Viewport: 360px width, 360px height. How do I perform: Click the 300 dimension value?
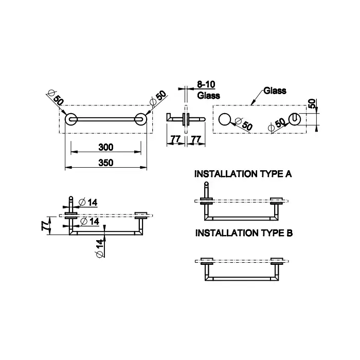click(106, 147)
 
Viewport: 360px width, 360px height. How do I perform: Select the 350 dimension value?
click(106, 163)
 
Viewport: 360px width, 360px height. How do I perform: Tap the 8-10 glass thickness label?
click(206, 84)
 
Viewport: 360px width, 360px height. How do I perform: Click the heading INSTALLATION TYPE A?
click(243, 174)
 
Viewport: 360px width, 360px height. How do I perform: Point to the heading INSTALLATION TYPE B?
click(244, 233)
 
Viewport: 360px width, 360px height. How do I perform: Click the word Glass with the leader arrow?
click(275, 91)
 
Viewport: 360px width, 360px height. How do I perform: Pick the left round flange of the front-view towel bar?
click(71, 119)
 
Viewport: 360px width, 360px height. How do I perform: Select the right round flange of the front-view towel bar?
click(140, 119)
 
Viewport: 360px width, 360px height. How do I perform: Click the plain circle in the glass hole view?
click(224, 119)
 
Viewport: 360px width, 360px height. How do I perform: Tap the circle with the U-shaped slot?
click(295, 119)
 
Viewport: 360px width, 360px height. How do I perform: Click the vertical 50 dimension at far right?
click(312, 104)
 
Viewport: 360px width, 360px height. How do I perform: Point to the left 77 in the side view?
click(175, 139)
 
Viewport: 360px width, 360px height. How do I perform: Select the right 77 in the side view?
click(196, 139)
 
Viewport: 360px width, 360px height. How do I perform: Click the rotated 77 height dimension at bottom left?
click(46, 225)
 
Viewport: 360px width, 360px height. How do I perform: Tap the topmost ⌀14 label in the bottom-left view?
click(88, 202)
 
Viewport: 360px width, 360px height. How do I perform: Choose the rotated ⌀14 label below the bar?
click(100, 248)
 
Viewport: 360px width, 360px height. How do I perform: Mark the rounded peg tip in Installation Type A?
click(206, 184)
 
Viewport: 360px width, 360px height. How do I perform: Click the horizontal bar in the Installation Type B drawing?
click(242, 279)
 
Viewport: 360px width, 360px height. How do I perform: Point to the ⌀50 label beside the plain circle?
click(244, 124)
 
